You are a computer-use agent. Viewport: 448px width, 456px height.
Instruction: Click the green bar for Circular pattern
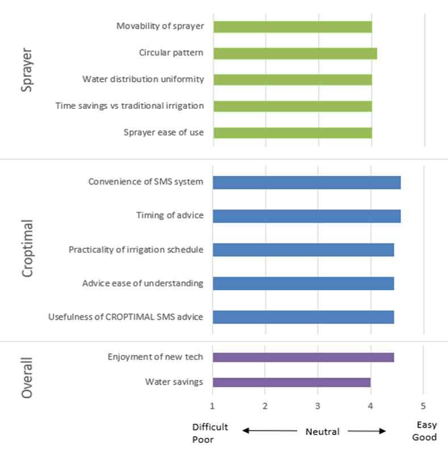tap(295, 53)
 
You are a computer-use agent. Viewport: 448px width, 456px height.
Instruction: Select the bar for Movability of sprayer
tap(292, 27)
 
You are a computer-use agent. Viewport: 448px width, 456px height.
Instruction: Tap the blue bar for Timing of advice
tap(307, 216)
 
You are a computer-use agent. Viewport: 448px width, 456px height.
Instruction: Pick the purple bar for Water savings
tap(291, 382)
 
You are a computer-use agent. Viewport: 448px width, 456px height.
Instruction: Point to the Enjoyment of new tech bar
tap(303, 357)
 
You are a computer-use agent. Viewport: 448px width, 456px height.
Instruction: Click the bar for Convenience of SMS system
tap(307, 182)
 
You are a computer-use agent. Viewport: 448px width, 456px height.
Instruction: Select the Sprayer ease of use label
tap(164, 133)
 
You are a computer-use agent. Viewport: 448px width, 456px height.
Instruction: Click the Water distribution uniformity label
tap(143, 79)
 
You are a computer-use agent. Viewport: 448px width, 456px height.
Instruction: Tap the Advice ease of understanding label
tap(143, 283)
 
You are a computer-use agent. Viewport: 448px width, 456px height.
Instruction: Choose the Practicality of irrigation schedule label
tap(136, 250)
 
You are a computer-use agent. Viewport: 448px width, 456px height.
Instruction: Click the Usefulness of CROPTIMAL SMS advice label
tap(125, 316)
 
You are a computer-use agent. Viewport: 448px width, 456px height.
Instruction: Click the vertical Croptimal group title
tap(27, 250)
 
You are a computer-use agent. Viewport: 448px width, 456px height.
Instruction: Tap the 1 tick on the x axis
tap(212, 406)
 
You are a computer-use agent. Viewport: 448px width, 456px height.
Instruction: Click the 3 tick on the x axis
tap(318, 406)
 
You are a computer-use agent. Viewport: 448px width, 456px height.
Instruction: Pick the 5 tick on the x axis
tap(423, 406)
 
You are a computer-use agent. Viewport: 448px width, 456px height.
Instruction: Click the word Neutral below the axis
tap(323, 432)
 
